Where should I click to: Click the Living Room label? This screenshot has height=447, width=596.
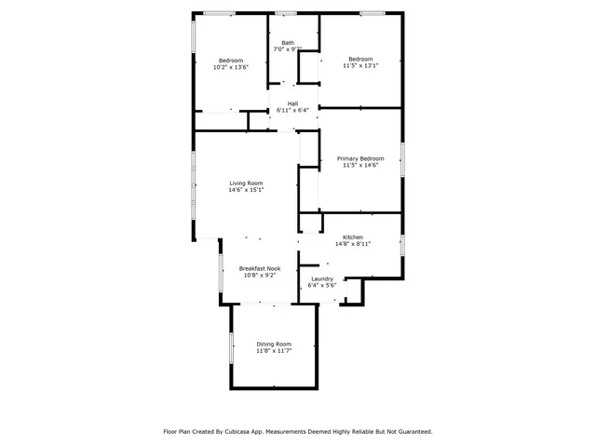click(x=247, y=183)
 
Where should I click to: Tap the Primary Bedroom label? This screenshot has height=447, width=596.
click(x=359, y=158)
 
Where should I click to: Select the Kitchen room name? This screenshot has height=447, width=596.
click(x=352, y=237)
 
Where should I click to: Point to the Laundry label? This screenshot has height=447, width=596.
click(x=322, y=278)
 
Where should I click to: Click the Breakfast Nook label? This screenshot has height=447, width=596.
click(x=260, y=268)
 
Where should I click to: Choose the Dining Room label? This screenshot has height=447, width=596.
click(x=274, y=344)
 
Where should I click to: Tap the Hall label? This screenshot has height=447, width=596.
click(x=292, y=103)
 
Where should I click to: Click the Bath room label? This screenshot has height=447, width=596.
click(x=288, y=42)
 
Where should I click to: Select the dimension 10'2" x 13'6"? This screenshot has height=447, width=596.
click(x=230, y=67)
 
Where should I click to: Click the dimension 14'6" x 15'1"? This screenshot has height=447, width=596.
click(x=247, y=190)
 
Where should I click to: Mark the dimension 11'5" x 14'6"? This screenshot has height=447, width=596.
click(x=359, y=166)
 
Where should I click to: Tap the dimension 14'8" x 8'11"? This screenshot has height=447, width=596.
click(x=352, y=245)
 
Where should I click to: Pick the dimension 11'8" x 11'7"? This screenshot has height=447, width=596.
click(x=274, y=351)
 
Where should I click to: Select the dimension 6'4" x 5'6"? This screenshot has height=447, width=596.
click(x=322, y=286)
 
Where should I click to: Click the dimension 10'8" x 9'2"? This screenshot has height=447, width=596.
click(x=260, y=276)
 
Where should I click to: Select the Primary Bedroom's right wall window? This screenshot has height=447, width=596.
click(x=402, y=159)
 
